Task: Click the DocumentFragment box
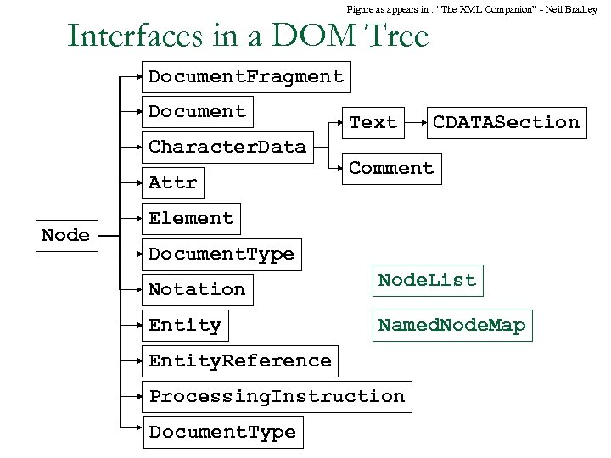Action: [x=246, y=76]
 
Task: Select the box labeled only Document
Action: [x=197, y=111]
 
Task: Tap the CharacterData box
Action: [x=227, y=147]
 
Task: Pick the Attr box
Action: [x=172, y=182]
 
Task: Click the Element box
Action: [x=191, y=218]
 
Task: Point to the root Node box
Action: [x=65, y=235]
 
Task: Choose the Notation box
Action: [x=197, y=289]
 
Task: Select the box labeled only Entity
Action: [x=185, y=325]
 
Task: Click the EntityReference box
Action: [x=240, y=360]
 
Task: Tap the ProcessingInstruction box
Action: [x=277, y=396]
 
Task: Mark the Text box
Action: [x=373, y=122]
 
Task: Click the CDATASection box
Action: [x=506, y=122]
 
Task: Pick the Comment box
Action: [x=391, y=168]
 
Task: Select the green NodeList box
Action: [x=428, y=280]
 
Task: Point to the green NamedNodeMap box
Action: [x=451, y=325]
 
